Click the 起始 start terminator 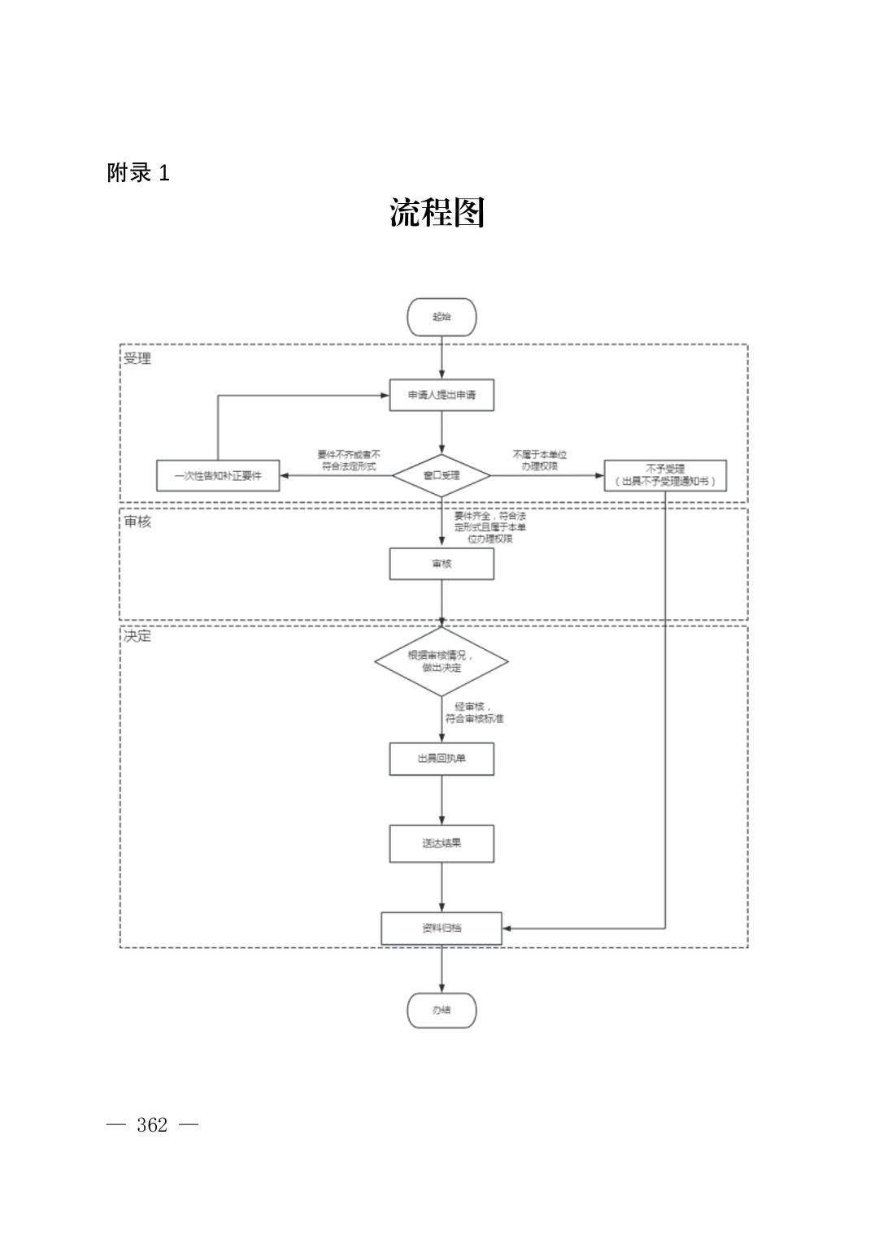pos(441,317)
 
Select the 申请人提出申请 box pos(441,395)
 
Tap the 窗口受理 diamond pos(441,475)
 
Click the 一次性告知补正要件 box pos(218,475)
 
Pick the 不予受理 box pos(665,475)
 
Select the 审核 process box pos(441,564)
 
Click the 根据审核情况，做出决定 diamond pos(441,661)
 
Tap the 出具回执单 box pos(441,759)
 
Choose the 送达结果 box pos(441,843)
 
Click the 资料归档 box pos(441,928)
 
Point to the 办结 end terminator pos(441,1011)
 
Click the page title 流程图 pos(437,213)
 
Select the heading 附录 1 pos(138,173)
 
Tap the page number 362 pos(152,1125)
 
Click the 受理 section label pos(137,358)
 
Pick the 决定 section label pos(137,636)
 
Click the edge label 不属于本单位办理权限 pos(540,461)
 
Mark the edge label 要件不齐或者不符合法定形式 pos(349,461)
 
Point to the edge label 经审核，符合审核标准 pos(474,712)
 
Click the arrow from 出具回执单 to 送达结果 pos(442,800)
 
